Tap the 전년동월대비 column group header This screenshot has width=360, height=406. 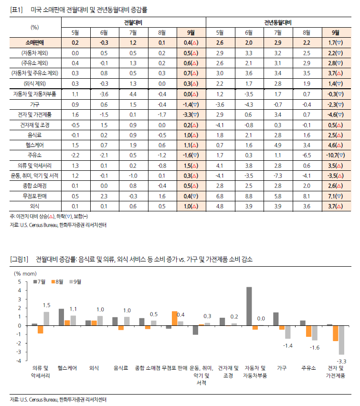point(278,22)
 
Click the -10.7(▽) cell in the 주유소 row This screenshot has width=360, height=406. point(335,156)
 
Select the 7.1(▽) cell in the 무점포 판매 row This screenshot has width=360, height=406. point(335,196)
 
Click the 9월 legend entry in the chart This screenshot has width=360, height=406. point(75,282)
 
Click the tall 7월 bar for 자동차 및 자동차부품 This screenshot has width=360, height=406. point(249,306)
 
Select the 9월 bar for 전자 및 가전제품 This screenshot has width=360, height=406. point(341,340)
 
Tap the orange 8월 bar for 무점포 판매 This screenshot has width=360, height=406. point(174,318)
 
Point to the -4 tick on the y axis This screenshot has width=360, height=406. point(19,361)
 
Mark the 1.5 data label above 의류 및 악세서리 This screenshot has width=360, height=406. point(46,305)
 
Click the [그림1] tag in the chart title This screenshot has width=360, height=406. point(20,259)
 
